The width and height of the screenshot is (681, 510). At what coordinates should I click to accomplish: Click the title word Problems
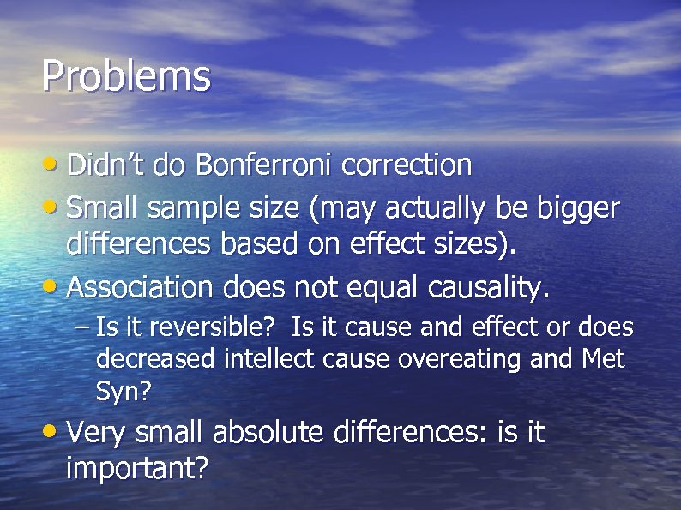125,77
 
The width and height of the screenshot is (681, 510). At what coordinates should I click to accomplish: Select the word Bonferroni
266,165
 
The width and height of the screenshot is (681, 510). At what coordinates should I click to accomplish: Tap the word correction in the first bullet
407,165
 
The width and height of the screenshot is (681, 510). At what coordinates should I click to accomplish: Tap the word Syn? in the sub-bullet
123,392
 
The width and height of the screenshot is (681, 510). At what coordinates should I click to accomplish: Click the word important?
137,469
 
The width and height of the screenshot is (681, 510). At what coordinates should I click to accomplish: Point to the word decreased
156,359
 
